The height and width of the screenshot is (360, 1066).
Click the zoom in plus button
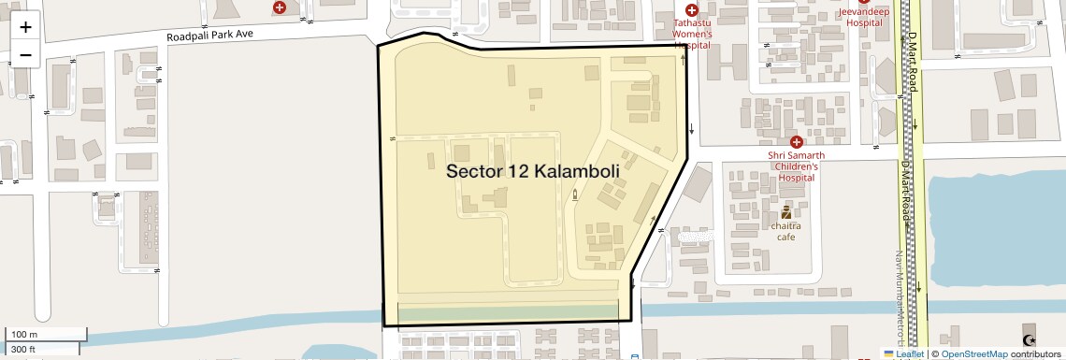[25, 27]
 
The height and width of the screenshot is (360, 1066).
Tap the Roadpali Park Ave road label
[223, 35]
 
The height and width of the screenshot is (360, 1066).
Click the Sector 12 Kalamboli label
[533, 171]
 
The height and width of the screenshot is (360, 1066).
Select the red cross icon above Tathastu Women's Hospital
[692, 10]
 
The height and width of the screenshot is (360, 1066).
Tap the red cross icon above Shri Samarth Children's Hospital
[795, 140]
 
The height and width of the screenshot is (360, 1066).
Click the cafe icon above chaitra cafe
[785, 211]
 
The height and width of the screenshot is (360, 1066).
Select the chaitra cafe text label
[785, 231]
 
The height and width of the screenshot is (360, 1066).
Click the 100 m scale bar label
[24, 334]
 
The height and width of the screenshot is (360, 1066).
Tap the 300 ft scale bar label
[23, 351]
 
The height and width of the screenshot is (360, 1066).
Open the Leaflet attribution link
[910, 354]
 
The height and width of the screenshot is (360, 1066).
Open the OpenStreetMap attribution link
[975, 354]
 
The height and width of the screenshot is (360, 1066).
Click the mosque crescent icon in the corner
[1030, 340]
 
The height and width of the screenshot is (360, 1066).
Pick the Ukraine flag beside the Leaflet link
[889, 354]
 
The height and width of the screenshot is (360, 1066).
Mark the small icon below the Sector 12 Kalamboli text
[574, 194]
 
